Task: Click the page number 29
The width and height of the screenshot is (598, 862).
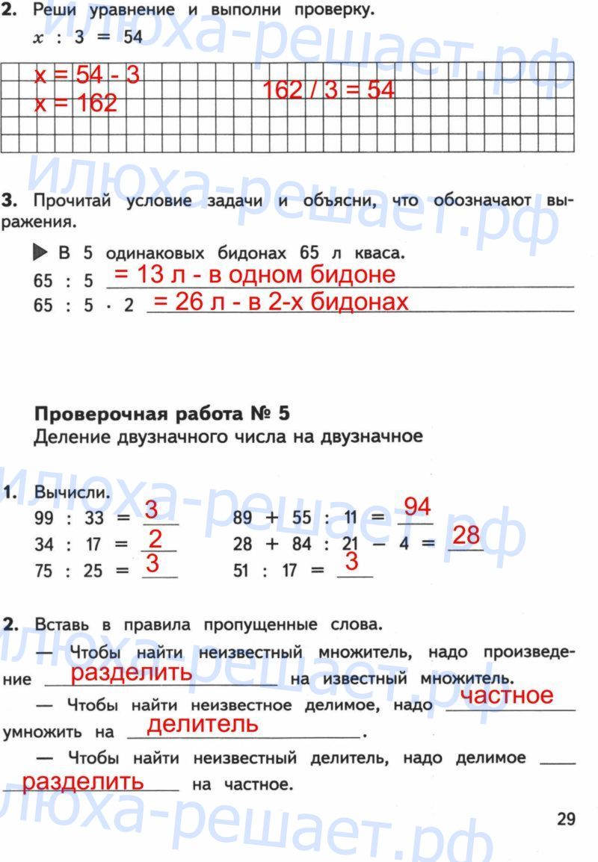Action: click(566, 819)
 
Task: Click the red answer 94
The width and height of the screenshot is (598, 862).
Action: click(417, 508)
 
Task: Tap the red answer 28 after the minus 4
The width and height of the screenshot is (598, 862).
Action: click(466, 536)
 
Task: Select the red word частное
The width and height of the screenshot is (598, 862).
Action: click(508, 695)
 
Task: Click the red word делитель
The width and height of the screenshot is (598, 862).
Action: click(203, 724)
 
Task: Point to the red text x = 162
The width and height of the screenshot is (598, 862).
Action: click(76, 103)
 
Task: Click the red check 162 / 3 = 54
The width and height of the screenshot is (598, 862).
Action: click(328, 90)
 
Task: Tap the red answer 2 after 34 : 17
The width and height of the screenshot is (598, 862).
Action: click(155, 538)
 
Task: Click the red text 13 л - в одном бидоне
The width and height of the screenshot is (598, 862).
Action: click(254, 275)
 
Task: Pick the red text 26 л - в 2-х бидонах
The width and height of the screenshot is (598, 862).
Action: click(281, 302)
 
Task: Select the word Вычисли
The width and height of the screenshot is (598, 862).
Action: click(72, 493)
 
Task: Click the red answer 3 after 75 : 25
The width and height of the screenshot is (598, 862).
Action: click(153, 562)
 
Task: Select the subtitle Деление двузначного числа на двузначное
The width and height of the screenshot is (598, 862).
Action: click(228, 436)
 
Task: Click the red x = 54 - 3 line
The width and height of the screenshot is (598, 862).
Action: click(87, 75)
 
